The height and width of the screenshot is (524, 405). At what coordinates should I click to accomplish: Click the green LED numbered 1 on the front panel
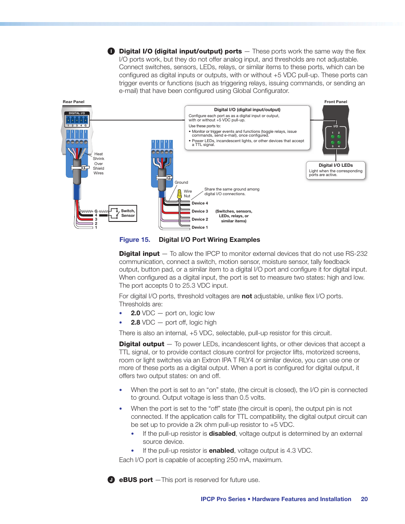click(x=332, y=137)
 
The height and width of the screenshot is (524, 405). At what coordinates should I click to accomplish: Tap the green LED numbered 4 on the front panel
click(x=339, y=143)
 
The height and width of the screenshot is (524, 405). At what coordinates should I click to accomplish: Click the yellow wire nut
click(x=180, y=194)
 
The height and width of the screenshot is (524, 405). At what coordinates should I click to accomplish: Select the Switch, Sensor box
click(x=123, y=213)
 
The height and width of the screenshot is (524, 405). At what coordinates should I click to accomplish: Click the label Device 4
click(x=200, y=203)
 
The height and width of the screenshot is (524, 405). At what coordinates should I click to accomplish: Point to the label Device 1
click(x=200, y=227)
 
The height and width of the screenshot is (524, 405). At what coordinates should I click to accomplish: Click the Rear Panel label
click(x=73, y=102)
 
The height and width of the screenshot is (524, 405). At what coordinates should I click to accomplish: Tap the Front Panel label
click(x=335, y=102)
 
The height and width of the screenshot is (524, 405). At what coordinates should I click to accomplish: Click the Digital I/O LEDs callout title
click(x=335, y=165)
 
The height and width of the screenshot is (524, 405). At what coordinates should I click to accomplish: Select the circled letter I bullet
click(x=111, y=51)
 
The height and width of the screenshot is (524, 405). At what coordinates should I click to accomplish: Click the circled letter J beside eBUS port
click(x=111, y=480)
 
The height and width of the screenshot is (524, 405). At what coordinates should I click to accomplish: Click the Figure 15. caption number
click(x=135, y=240)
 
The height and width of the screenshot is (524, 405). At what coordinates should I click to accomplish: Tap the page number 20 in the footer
click(x=364, y=499)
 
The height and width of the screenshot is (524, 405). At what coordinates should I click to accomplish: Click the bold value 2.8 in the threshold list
click(x=135, y=322)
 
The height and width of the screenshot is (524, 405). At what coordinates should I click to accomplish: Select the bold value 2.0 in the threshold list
click(x=135, y=313)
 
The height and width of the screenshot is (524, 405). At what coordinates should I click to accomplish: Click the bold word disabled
click(x=222, y=434)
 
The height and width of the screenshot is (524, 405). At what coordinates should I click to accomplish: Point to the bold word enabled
click(x=221, y=451)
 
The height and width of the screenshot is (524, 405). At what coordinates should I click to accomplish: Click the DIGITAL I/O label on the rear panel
click(x=77, y=113)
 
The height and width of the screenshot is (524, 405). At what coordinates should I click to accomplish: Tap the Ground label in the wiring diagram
click(x=181, y=182)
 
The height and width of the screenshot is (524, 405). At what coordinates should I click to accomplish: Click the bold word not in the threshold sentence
click(x=247, y=296)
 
